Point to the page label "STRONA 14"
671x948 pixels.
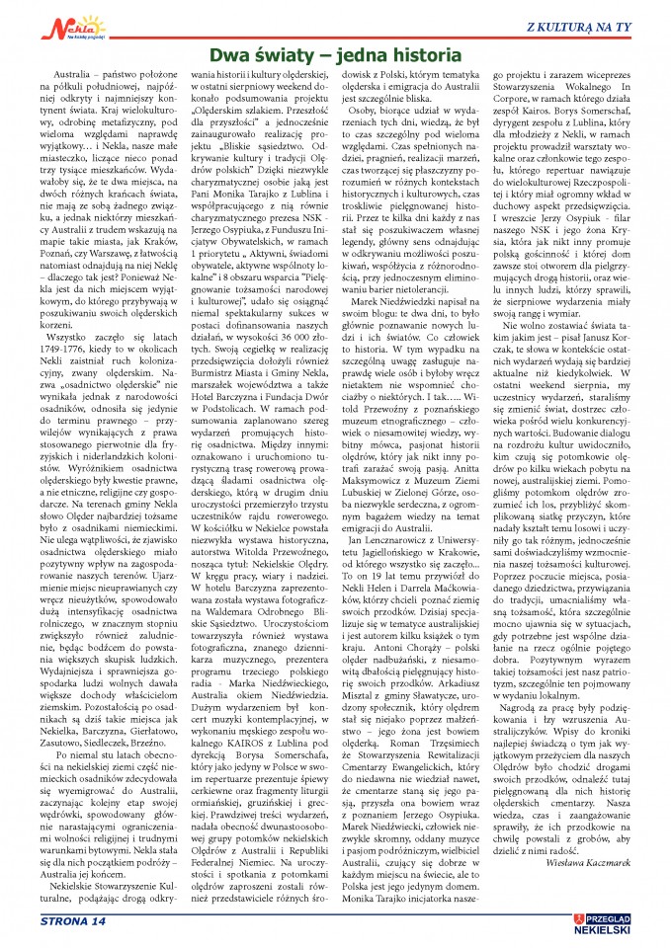pyautogui.click(x=71, y=922)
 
